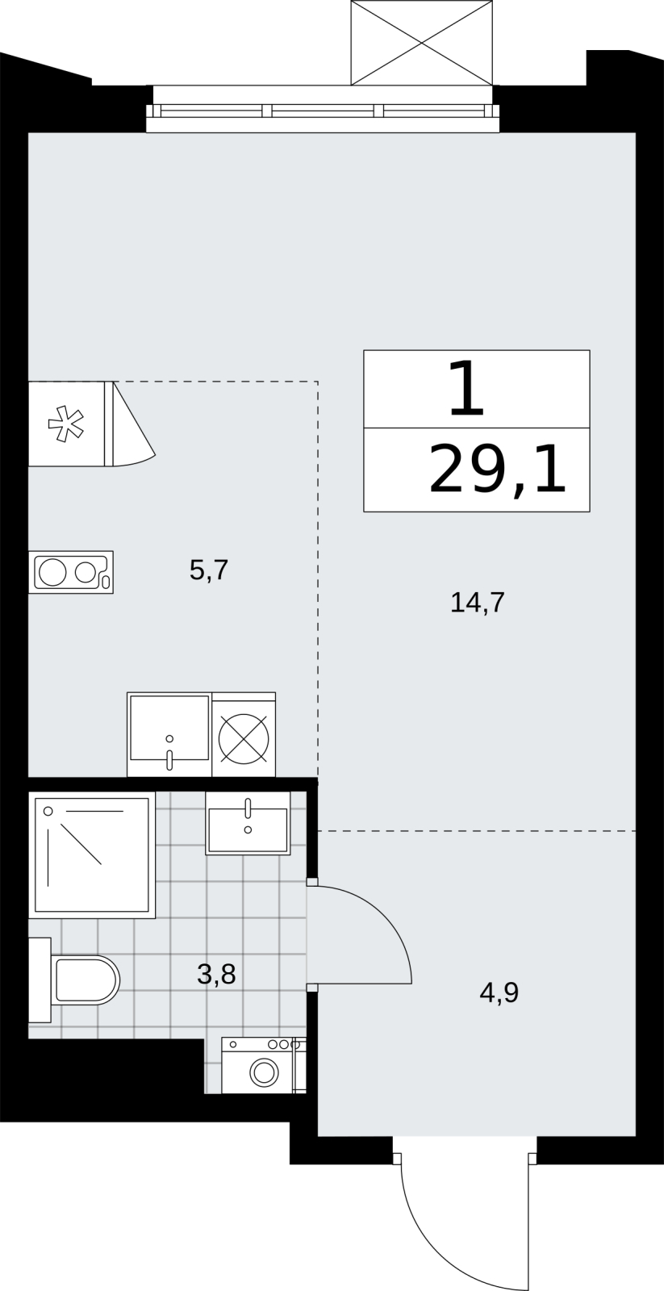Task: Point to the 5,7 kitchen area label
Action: (x=209, y=571)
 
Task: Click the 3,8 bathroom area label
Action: (x=216, y=976)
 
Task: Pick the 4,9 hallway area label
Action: (x=499, y=992)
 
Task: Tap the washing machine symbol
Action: (x=263, y=1066)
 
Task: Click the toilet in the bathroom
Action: (x=81, y=980)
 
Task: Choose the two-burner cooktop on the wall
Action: (x=70, y=572)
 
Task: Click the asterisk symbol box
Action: (x=66, y=424)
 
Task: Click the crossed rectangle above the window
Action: (x=421, y=42)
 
